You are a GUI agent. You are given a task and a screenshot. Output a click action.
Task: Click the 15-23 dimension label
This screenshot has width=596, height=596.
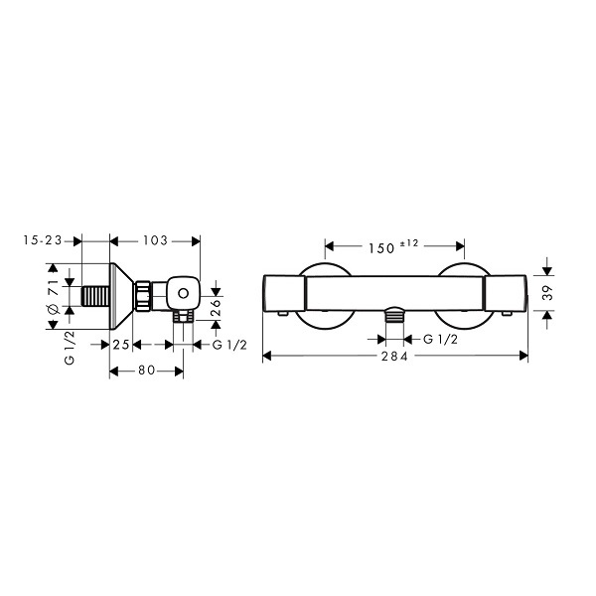click(42, 240)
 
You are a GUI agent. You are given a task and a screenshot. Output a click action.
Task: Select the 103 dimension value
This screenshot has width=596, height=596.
click(155, 240)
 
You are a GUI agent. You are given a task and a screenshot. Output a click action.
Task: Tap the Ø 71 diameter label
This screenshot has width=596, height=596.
click(54, 296)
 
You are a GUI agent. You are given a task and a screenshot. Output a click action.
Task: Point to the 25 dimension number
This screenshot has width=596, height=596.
click(121, 345)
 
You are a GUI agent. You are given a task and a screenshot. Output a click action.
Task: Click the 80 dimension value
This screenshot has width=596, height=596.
click(146, 371)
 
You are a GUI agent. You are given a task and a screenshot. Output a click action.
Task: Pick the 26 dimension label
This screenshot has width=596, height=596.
click(216, 308)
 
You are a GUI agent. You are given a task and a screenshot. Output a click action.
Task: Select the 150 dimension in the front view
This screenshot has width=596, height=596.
click(381, 248)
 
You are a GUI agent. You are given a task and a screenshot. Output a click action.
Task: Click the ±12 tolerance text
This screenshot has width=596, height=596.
click(409, 243)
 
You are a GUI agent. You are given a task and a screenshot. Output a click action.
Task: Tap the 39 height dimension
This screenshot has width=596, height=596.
click(548, 293)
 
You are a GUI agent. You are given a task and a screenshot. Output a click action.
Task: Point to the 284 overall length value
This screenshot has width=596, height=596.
click(395, 357)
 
